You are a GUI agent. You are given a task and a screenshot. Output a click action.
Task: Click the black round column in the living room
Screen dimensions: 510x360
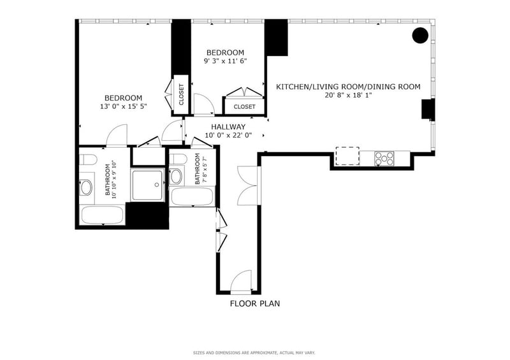point(420,35)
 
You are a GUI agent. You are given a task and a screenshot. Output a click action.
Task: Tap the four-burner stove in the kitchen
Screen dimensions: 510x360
point(384,159)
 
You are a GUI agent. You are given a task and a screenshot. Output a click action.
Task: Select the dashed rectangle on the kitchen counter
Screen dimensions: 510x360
point(347,156)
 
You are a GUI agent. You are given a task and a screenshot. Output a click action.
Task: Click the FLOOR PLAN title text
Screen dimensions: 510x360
point(255,304)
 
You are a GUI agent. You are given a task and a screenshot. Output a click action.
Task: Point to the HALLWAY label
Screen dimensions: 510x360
point(228,127)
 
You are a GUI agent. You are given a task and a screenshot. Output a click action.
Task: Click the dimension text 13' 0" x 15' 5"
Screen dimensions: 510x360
point(124,106)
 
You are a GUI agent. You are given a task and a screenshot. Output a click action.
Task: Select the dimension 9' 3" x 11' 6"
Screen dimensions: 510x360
point(226,61)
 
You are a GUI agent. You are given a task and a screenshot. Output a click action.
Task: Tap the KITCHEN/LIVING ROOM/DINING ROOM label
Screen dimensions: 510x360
point(348,87)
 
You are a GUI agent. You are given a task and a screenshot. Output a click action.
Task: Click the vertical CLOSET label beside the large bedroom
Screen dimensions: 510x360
point(182,95)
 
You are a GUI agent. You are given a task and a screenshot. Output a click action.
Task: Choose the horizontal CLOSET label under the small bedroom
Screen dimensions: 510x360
point(245,106)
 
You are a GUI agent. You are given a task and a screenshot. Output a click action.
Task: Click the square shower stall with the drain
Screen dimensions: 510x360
point(147,184)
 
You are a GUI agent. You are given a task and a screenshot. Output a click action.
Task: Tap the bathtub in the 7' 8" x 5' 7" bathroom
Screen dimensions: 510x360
point(193,196)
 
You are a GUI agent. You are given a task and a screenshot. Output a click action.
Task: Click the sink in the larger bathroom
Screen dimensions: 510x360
point(86,187)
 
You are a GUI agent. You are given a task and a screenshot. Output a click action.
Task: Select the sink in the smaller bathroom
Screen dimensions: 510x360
point(176,176)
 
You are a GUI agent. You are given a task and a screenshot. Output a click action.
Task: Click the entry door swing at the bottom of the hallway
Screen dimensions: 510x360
point(241,281)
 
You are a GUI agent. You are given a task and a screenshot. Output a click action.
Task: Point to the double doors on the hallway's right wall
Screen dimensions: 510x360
point(248,185)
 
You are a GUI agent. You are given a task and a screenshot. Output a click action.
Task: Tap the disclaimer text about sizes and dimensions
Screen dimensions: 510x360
point(254,353)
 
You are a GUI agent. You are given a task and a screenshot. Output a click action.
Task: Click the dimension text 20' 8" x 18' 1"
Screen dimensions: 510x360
point(348,96)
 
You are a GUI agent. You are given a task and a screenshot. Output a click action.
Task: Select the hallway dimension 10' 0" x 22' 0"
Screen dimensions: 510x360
point(228,135)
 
